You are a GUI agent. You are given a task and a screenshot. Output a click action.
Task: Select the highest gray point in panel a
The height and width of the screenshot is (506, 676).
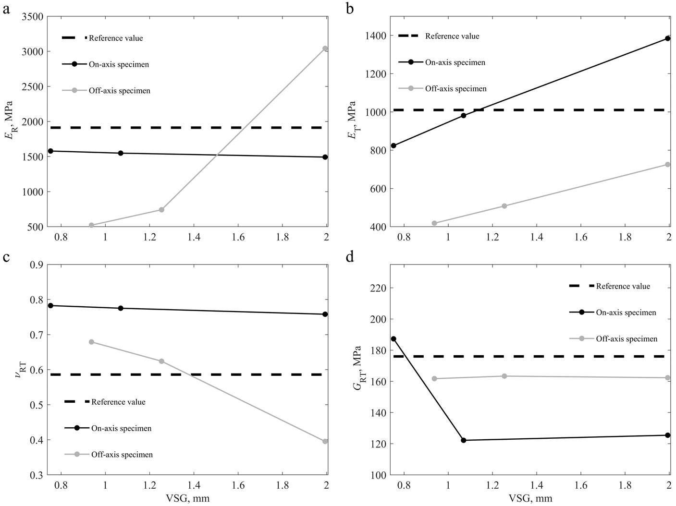[325, 48]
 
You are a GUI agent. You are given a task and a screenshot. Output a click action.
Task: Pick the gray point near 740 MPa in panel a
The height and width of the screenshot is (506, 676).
[161, 210]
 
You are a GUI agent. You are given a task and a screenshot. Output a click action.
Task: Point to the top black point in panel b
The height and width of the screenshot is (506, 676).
[668, 38]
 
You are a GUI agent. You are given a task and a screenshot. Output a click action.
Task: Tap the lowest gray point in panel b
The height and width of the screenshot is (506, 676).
[434, 223]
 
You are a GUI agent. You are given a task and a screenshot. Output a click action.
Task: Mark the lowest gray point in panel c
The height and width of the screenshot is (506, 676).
[325, 441]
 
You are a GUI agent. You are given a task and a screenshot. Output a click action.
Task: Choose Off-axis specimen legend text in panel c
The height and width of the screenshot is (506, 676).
[122, 455]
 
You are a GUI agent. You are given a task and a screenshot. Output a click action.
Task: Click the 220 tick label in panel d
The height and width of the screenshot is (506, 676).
[377, 288]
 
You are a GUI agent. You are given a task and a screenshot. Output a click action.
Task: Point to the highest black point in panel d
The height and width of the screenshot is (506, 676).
[393, 339]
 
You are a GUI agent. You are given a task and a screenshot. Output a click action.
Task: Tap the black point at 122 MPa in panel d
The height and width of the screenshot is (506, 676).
[464, 440]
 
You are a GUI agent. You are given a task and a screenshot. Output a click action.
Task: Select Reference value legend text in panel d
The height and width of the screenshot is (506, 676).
[623, 286]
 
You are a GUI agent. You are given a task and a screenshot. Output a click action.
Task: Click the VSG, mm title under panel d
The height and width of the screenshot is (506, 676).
[531, 498]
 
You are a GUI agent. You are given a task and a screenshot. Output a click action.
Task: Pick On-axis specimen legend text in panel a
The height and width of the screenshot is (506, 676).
[119, 64]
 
